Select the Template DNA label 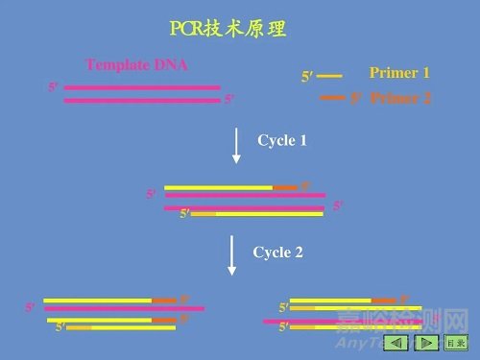(x=136, y=65)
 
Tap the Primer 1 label (x=399, y=73)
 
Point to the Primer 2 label (x=400, y=98)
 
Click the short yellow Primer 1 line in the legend (x=329, y=75)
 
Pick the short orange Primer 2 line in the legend (x=332, y=97)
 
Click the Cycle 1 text (x=282, y=140)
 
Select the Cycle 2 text (x=277, y=252)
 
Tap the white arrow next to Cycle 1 (x=236, y=145)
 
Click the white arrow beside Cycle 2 (x=231, y=256)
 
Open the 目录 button (x=457, y=342)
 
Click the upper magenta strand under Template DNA (x=142, y=87)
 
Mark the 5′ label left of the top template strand (x=53, y=86)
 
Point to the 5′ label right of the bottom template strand (x=229, y=99)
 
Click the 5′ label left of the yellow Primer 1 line (x=307, y=77)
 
